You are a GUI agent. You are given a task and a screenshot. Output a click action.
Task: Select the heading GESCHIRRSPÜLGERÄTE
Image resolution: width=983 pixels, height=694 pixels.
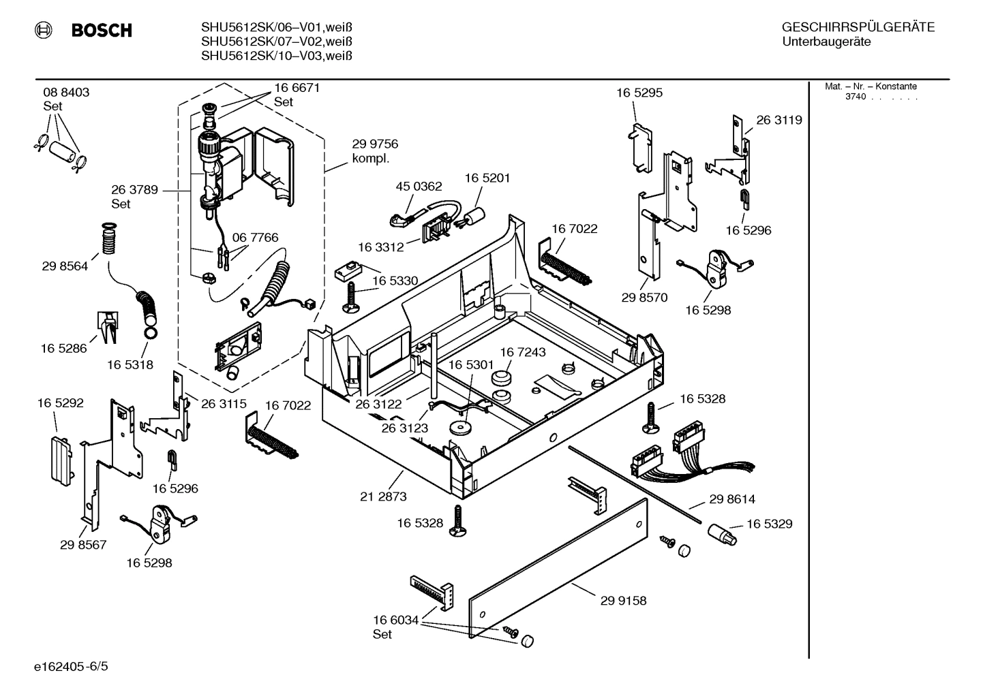tap(858, 28)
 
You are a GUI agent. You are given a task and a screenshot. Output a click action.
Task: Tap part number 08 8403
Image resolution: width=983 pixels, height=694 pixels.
tap(66, 93)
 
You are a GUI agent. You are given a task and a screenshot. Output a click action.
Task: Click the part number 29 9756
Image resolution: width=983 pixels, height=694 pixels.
tap(375, 144)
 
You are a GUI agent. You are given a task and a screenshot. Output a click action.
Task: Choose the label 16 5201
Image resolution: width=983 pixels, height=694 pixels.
tap(487, 178)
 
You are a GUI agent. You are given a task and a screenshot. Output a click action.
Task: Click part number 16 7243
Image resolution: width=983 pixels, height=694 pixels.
tap(523, 352)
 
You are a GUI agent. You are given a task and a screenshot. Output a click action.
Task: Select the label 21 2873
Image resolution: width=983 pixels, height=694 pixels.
tap(383, 496)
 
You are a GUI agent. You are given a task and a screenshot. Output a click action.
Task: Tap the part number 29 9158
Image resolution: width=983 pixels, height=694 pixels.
tap(623, 601)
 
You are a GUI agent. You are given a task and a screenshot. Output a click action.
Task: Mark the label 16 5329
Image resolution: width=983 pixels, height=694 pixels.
tap(770, 524)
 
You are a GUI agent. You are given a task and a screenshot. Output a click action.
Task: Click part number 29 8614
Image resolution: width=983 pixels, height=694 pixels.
tap(732, 499)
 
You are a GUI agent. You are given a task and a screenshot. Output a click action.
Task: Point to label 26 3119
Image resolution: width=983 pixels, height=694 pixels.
tap(779, 120)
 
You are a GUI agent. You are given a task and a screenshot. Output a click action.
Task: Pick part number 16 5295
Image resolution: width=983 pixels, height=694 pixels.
tap(639, 93)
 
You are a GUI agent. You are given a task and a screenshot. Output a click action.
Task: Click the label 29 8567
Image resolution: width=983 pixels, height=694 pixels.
tap(83, 545)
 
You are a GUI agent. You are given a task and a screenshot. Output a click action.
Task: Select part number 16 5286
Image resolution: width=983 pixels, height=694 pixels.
tap(63, 348)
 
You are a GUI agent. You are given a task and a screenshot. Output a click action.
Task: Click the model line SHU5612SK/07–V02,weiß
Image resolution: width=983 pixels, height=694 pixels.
tap(276, 42)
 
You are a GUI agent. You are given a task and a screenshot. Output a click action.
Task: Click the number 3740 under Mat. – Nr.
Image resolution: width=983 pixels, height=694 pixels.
tap(855, 97)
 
